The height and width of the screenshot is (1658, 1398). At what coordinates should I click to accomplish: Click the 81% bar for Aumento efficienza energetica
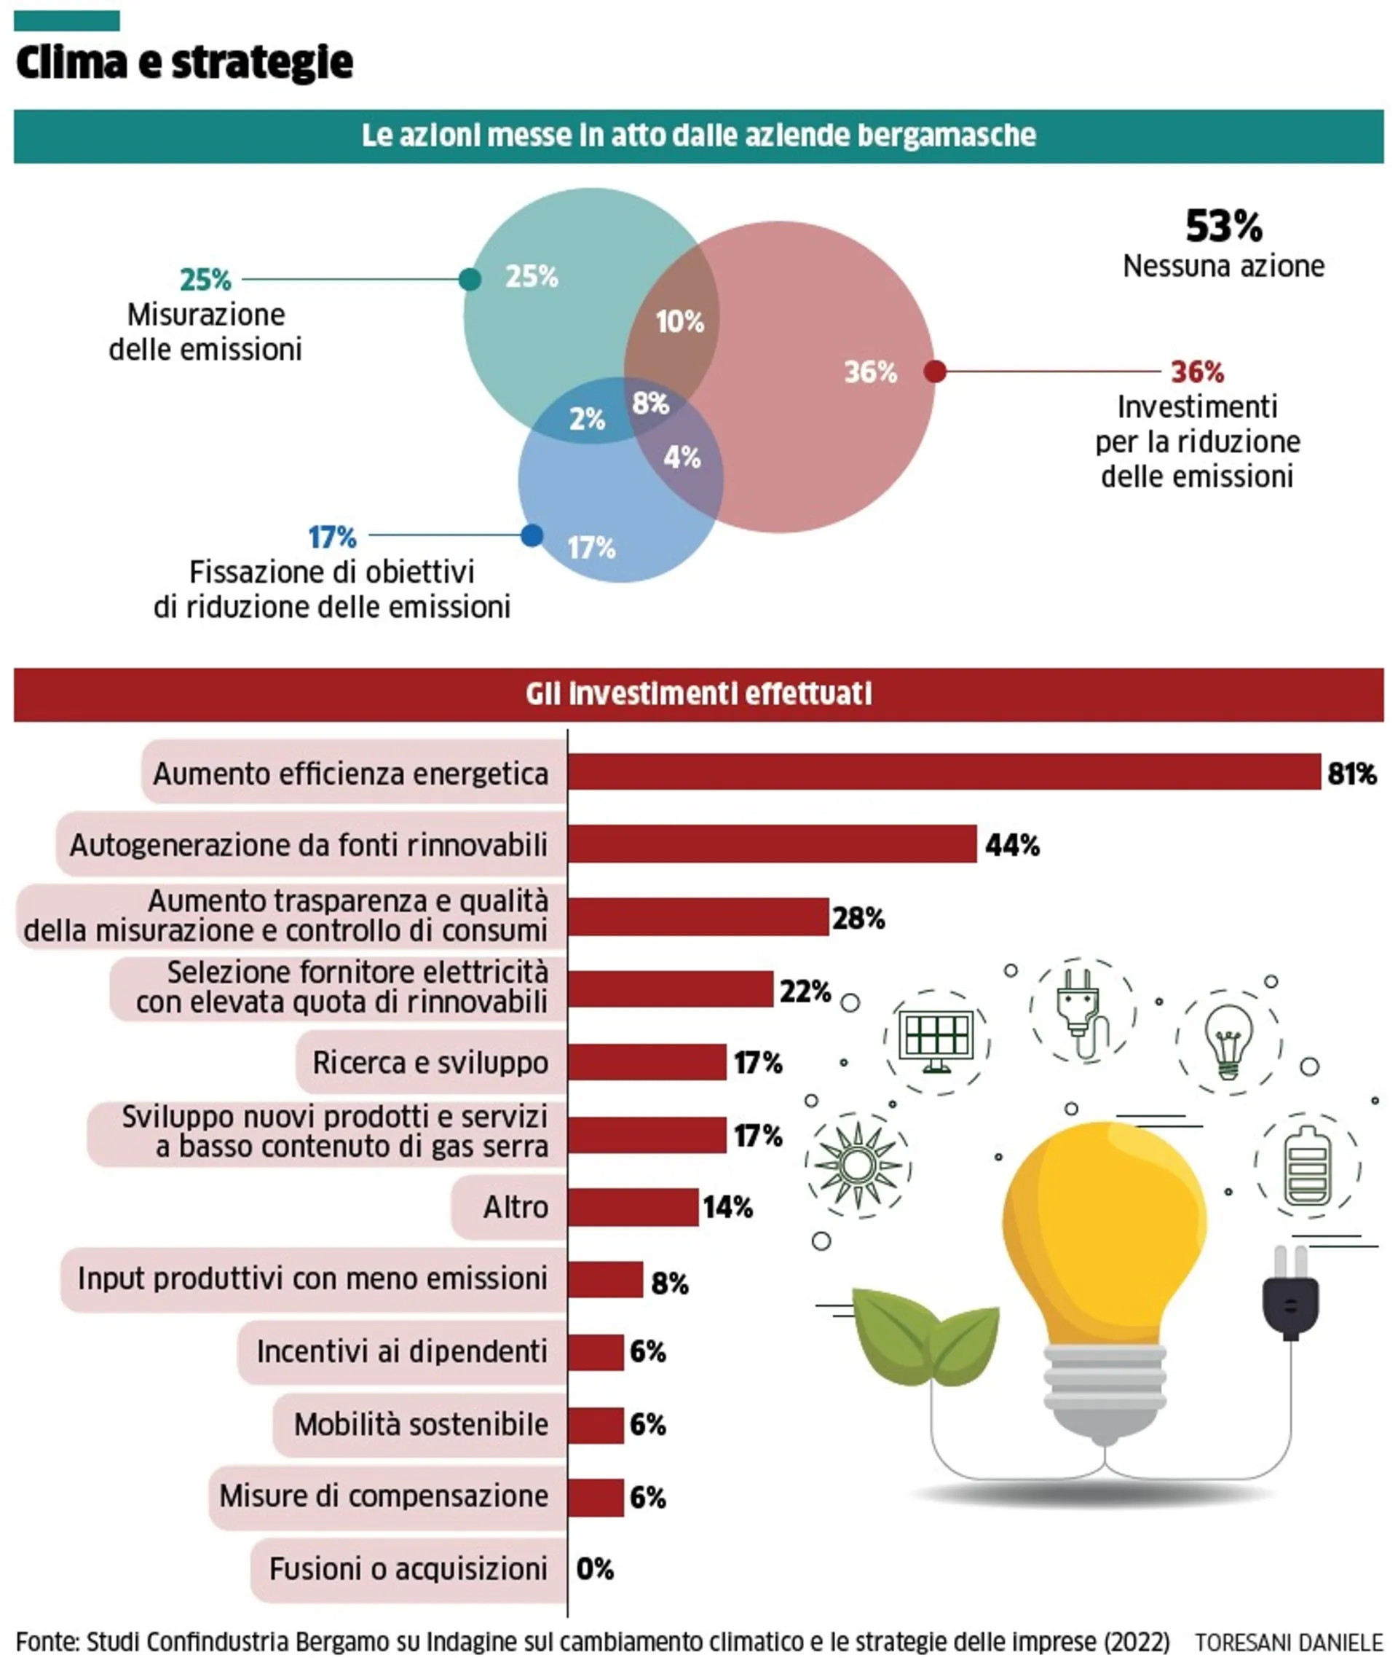[x=944, y=771]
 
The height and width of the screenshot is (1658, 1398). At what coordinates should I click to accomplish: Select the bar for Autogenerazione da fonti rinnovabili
[x=773, y=844]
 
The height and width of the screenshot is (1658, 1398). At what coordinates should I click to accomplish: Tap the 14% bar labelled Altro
[x=633, y=1207]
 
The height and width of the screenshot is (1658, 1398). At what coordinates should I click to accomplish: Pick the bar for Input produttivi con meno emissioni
[x=606, y=1279]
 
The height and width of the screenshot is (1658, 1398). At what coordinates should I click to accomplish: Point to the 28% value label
[x=858, y=918]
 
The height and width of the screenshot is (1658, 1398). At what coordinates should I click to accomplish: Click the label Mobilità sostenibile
[x=421, y=1424]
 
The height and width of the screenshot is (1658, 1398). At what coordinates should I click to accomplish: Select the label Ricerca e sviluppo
[x=430, y=1061]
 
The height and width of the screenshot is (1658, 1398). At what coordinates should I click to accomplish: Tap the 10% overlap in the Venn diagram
[x=680, y=322]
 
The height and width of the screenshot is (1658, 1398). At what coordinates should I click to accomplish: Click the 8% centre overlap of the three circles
[x=651, y=404]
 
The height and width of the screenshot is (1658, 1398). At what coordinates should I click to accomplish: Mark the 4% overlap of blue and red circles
[x=682, y=457]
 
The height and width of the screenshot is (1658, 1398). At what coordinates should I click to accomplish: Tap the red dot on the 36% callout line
[x=935, y=371]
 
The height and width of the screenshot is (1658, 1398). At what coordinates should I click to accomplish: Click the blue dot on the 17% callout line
[x=532, y=535]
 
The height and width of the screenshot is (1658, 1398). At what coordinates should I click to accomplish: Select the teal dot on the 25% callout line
[x=470, y=279]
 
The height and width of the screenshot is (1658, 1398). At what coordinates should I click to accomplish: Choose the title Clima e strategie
[x=184, y=62]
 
